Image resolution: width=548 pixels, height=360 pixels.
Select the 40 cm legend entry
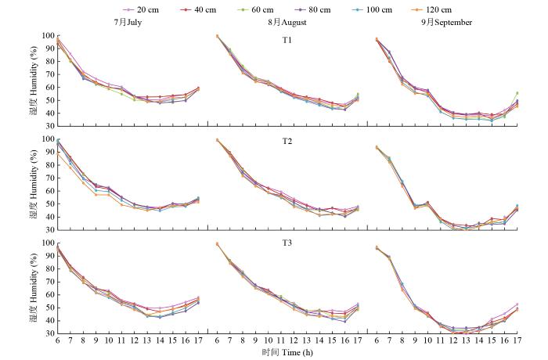204,9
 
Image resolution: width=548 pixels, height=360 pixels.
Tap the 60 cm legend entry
266,9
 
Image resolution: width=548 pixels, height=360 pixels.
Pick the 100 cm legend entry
391,9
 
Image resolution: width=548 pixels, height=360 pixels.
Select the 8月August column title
287,23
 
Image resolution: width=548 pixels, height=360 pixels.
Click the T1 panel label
286,41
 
